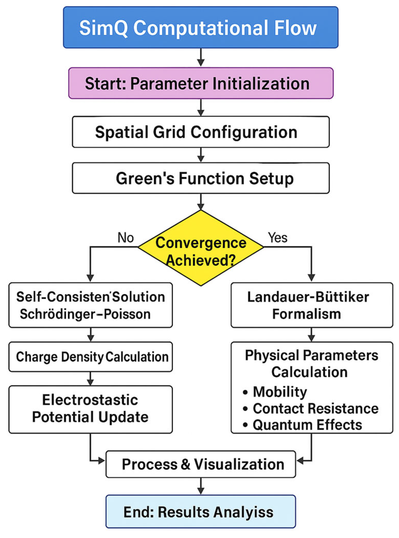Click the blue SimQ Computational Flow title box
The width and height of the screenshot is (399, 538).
tap(201, 27)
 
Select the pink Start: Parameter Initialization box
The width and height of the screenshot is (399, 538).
tap(201, 83)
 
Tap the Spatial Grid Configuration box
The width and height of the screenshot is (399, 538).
tap(201, 132)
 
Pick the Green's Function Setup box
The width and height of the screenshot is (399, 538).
tap(201, 178)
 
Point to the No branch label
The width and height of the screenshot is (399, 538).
tap(125, 237)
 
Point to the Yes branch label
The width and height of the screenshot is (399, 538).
tap(277, 237)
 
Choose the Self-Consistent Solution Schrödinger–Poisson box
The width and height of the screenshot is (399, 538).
tap(90, 305)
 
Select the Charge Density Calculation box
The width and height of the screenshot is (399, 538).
tap(90, 356)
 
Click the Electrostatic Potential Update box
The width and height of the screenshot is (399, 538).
tap(90, 409)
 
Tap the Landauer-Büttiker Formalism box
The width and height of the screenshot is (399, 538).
tap(312, 305)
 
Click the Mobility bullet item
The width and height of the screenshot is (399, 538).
tap(280, 391)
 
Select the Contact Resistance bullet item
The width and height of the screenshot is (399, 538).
tap(315, 408)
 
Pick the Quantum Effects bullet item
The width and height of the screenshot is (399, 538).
tap(307, 425)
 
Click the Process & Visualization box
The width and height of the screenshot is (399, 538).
tap(201, 464)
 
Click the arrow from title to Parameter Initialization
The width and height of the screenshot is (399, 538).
tap(201, 57)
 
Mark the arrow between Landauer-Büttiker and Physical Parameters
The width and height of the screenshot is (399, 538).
tap(312, 334)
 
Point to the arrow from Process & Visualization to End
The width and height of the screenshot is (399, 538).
tap(201, 486)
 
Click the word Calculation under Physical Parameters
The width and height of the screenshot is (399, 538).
tap(309, 372)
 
